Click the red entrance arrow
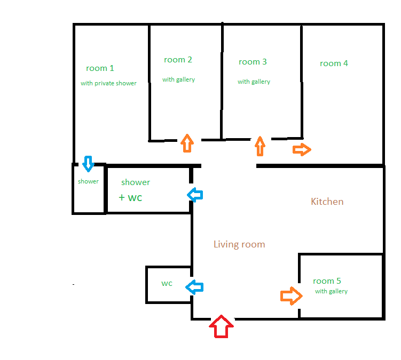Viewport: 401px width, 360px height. tap(221, 326)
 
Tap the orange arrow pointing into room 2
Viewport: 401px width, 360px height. tap(187, 143)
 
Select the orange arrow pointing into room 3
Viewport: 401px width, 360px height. tap(260, 146)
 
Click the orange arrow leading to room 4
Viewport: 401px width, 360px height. tap(302, 149)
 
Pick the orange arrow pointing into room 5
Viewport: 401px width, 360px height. tap(292, 296)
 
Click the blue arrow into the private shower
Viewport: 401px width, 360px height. tap(88, 164)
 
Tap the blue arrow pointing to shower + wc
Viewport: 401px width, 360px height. tap(195, 195)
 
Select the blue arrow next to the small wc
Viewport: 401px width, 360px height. tap(194, 287)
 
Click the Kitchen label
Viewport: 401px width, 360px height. tap(327, 202)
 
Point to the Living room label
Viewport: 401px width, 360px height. tap(239, 244)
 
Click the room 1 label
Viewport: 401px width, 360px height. tap(100, 68)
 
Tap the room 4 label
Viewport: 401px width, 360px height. tap(334, 63)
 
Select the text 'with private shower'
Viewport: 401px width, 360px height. tap(108, 83)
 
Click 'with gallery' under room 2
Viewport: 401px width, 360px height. tap(178, 79)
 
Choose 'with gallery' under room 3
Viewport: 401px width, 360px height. tap(254, 82)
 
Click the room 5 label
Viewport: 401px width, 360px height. tap(327, 281)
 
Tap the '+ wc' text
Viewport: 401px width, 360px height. tap(130, 197)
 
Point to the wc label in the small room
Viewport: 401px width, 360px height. tap(167, 283)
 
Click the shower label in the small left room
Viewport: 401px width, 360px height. tap(88, 181)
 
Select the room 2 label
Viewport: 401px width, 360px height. tap(178, 60)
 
